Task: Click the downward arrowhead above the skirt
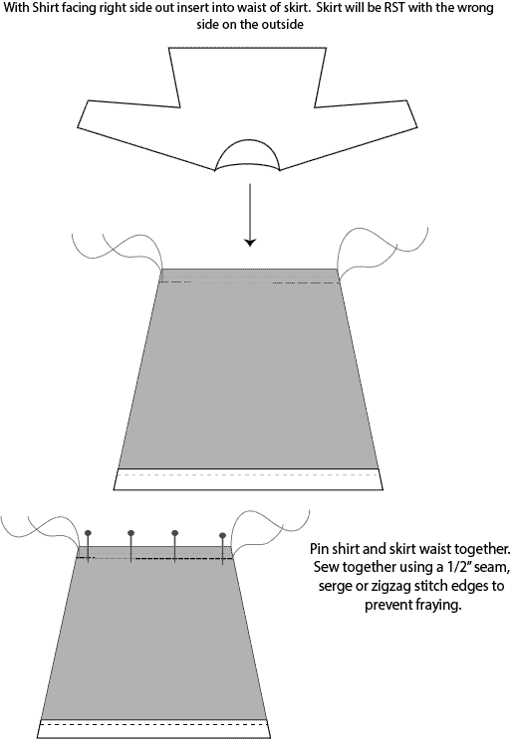[x=250, y=243]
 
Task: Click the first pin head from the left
[x=88, y=533]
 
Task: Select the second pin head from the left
[x=130, y=533]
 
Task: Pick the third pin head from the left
[x=174, y=533]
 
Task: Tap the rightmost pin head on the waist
[x=222, y=535]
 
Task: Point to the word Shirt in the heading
[x=46, y=8]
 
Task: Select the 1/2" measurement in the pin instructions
[x=459, y=567]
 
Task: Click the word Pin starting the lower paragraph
[x=319, y=549]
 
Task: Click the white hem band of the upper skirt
[x=248, y=479]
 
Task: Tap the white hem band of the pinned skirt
[x=153, y=729]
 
